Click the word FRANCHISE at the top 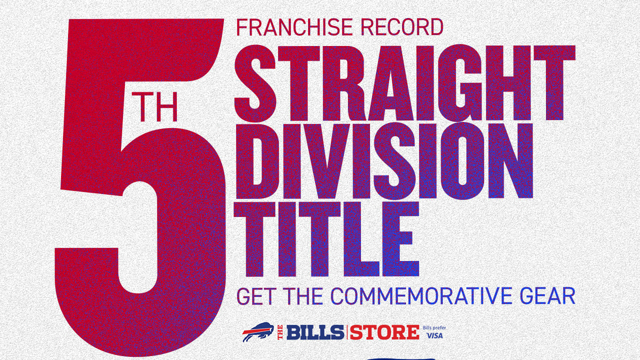coord(294,27)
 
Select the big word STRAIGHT coord(405,83)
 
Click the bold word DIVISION coord(384,161)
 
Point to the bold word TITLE coord(326,239)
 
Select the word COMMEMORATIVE coord(420,296)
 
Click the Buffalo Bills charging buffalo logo coord(258,331)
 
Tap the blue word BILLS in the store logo coord(315,332)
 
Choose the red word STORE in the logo coord(384,332)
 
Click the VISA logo coord(434,335)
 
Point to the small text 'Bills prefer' coord(434,328)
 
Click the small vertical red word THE coord(280,332)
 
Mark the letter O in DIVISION coord(463,161)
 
